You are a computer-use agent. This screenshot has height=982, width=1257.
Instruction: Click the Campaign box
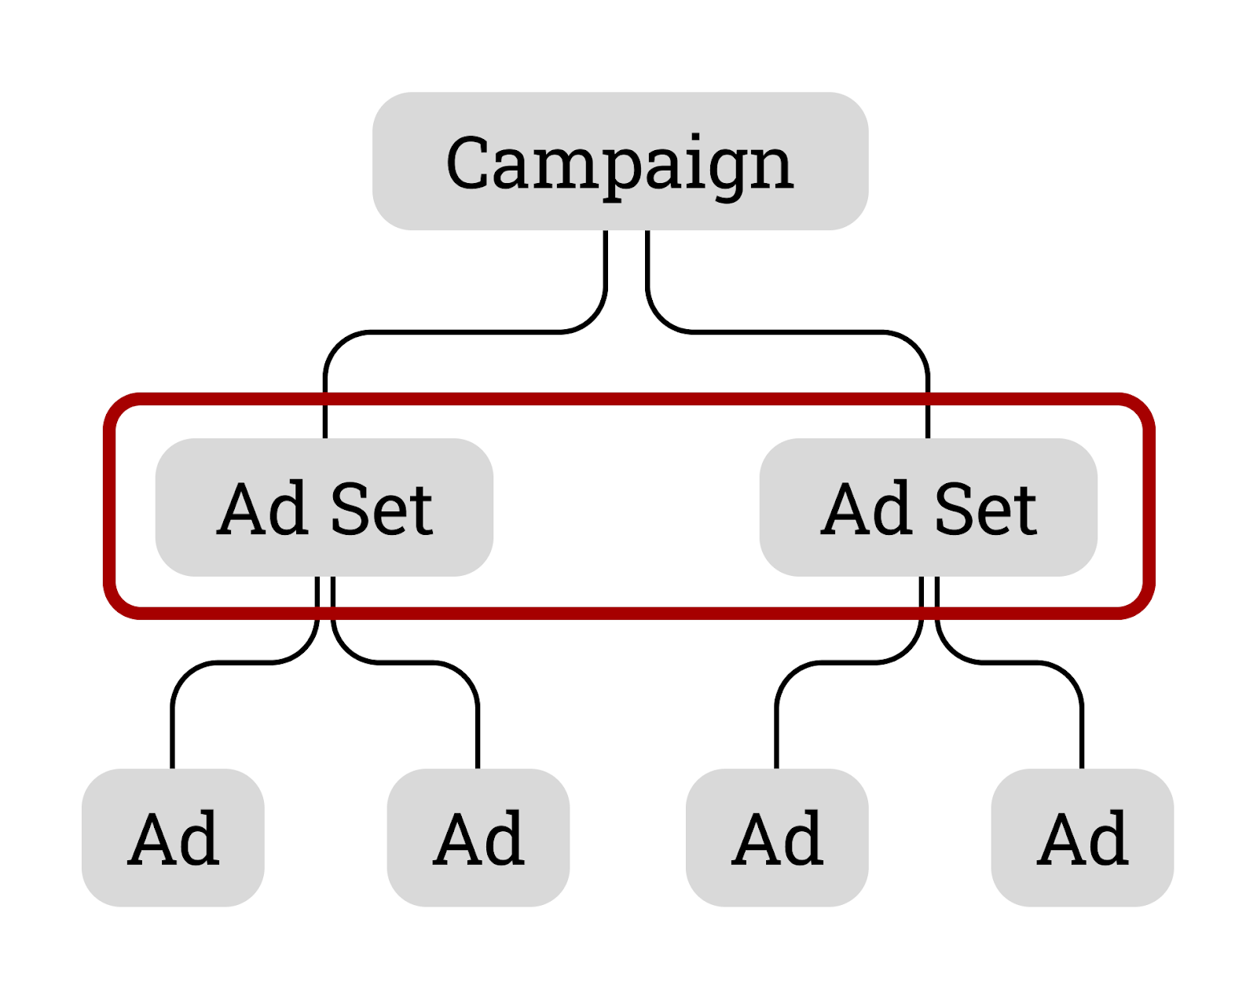coord(620,161)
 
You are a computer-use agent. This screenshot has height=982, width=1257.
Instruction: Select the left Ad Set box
coord(324,507)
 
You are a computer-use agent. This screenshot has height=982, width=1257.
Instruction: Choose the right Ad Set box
coord(928,507)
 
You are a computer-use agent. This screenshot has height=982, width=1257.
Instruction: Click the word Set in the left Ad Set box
coord(382,509)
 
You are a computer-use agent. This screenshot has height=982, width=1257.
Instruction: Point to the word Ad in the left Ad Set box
coord(262,509)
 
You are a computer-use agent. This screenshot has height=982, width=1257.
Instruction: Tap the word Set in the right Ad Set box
coord(986,509)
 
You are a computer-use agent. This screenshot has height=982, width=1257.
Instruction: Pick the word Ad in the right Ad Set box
coord(866,509)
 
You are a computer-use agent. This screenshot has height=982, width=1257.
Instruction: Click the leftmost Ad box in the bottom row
coord(173,837)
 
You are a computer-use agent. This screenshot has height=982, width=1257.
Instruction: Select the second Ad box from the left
coord(478,837)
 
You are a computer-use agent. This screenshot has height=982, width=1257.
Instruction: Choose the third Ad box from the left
coord(776,837)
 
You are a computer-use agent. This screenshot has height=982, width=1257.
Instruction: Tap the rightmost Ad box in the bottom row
coord(1082,837)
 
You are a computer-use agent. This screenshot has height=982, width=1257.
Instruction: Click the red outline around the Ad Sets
coord(628,399)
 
